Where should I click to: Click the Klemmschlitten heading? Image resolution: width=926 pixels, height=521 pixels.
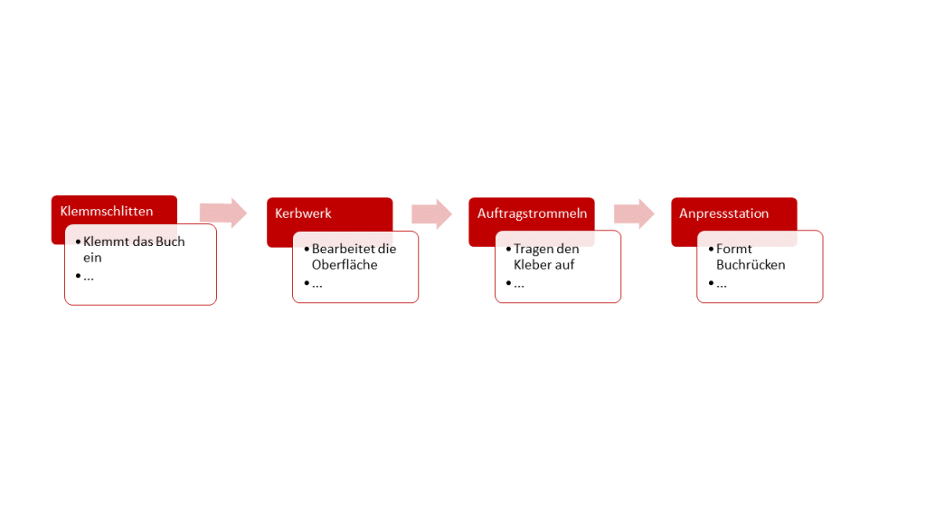pos(107,212)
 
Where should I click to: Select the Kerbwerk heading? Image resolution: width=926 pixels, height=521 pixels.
pos(303,213)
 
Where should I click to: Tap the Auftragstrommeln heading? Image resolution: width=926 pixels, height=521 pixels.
pos(532,213)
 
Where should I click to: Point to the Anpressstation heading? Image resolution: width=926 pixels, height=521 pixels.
pos(724,213)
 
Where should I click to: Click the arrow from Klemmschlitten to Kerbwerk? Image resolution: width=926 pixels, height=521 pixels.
pos(223,213)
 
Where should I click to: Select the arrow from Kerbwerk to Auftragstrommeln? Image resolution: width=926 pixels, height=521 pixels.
pos(431,213)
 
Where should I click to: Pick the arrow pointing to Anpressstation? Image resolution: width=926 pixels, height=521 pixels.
pos(634,213)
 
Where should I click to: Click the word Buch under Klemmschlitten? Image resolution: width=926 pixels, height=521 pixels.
pos(170,242)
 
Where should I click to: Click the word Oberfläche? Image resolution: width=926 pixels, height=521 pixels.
pos(345,265)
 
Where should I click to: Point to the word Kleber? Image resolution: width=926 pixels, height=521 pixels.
pos(532,265)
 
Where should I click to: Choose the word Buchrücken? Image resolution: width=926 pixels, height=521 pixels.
pos(751,265)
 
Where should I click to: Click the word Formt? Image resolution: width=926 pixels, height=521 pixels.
pos(734,249)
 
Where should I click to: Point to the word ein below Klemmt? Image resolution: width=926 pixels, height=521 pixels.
pos(92,258)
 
